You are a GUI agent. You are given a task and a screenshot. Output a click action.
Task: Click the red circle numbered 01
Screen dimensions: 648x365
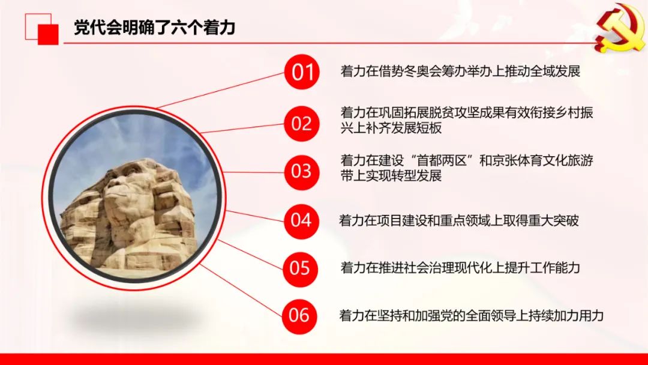pyautogui.click(x=302, y=72)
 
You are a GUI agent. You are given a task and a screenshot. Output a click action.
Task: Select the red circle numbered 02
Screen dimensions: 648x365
pyautogui.click(x=302, y=124)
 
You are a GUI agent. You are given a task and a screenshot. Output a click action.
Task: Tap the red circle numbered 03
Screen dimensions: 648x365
pyautogui.click(x=302, y=172)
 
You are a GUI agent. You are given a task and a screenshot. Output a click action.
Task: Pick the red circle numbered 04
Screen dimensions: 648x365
pyautogui.click(x=301, y=220)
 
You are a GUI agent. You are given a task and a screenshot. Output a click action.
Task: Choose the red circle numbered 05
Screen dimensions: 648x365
pyautogui.click(x=301, y=268)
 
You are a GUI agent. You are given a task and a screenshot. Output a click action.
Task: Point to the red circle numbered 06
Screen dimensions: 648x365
pyautogui.click(x=299, y=316)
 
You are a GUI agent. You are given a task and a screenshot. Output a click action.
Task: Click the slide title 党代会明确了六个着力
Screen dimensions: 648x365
pyautogui.click(x=155, y=27)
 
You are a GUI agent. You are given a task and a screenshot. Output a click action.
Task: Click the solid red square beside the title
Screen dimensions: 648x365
pyautogui.click(x=48, y=34)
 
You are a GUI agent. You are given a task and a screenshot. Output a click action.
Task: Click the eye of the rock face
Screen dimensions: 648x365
pyautogui.click(x=131, y=170)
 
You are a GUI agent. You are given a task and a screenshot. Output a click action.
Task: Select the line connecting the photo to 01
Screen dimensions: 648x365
pyautogui.click(x=221, y=90)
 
